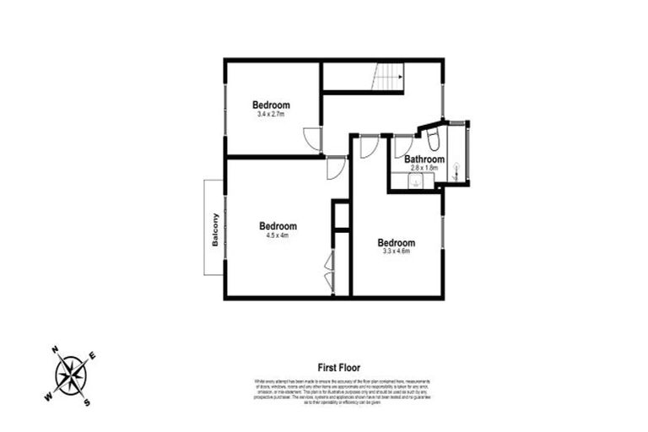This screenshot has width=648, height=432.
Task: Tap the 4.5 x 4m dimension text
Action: click(278, 235)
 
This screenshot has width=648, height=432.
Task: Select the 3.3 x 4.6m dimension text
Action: click(396, 251)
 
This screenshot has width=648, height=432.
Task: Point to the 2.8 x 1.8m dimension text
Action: click(424, 168)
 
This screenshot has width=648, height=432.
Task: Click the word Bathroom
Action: click(424, 159)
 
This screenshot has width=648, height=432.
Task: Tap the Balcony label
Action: click(216, 227)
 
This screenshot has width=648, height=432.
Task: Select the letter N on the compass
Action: click(55, 348)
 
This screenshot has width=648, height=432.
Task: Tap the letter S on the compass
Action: click(86, 402)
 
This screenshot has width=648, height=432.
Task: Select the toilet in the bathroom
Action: click(430, 136)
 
